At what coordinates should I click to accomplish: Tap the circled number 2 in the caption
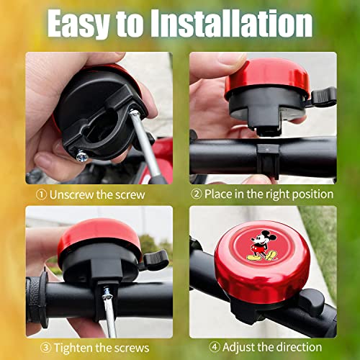[196, 194]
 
